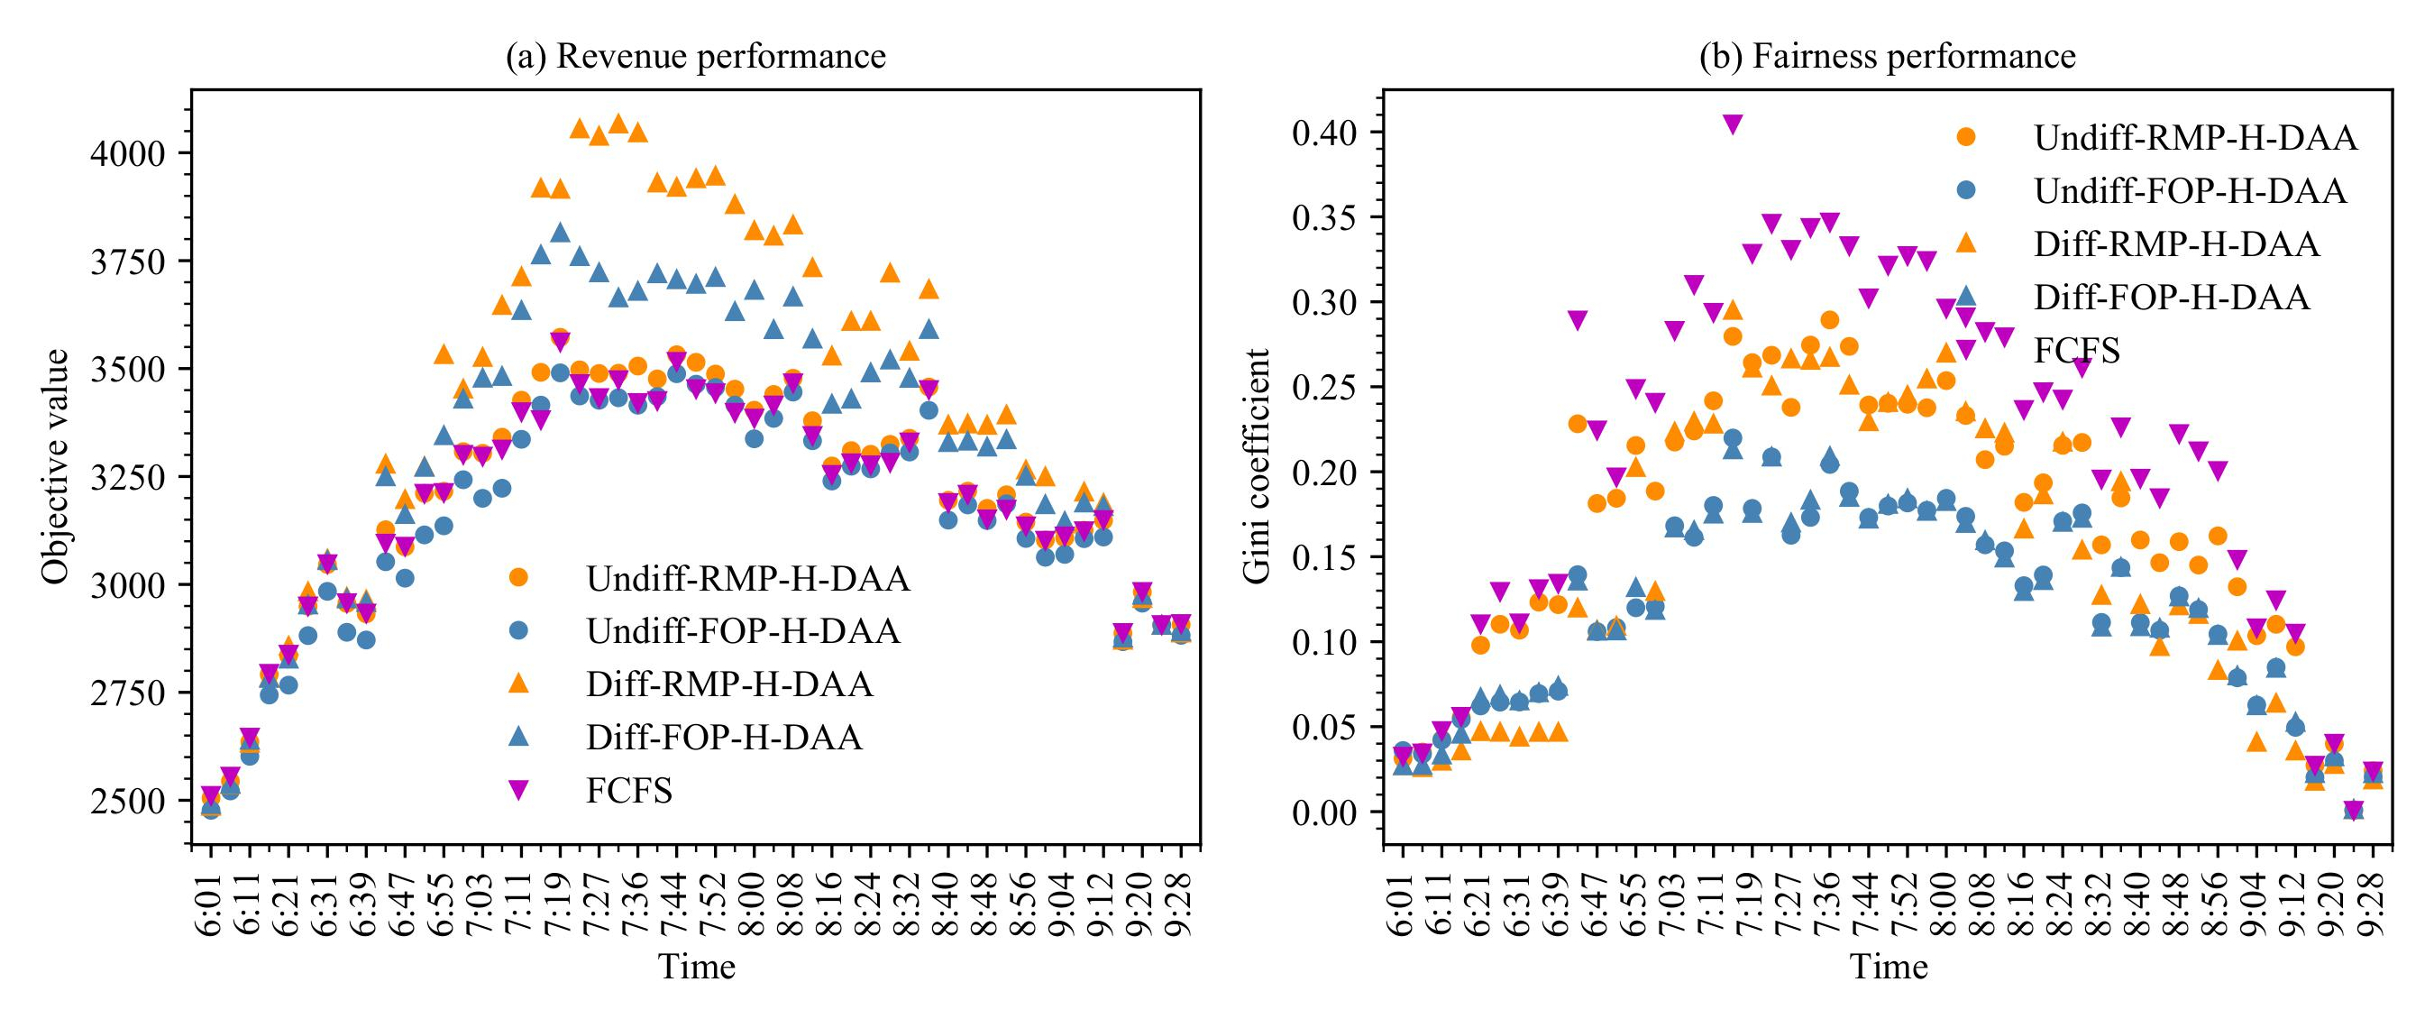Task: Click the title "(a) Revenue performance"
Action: [x=696, y=57]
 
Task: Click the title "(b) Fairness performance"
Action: [x=1887, y=57]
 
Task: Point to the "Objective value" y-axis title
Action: [x=56, y=467]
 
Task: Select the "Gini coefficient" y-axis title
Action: [x=1257, y=467]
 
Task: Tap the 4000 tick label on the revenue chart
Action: [x=127, y=153]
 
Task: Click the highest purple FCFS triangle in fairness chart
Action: [x=1732, y=124]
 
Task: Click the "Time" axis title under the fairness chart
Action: [x=1888, y=968]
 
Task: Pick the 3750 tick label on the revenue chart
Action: [x=127, y=262]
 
